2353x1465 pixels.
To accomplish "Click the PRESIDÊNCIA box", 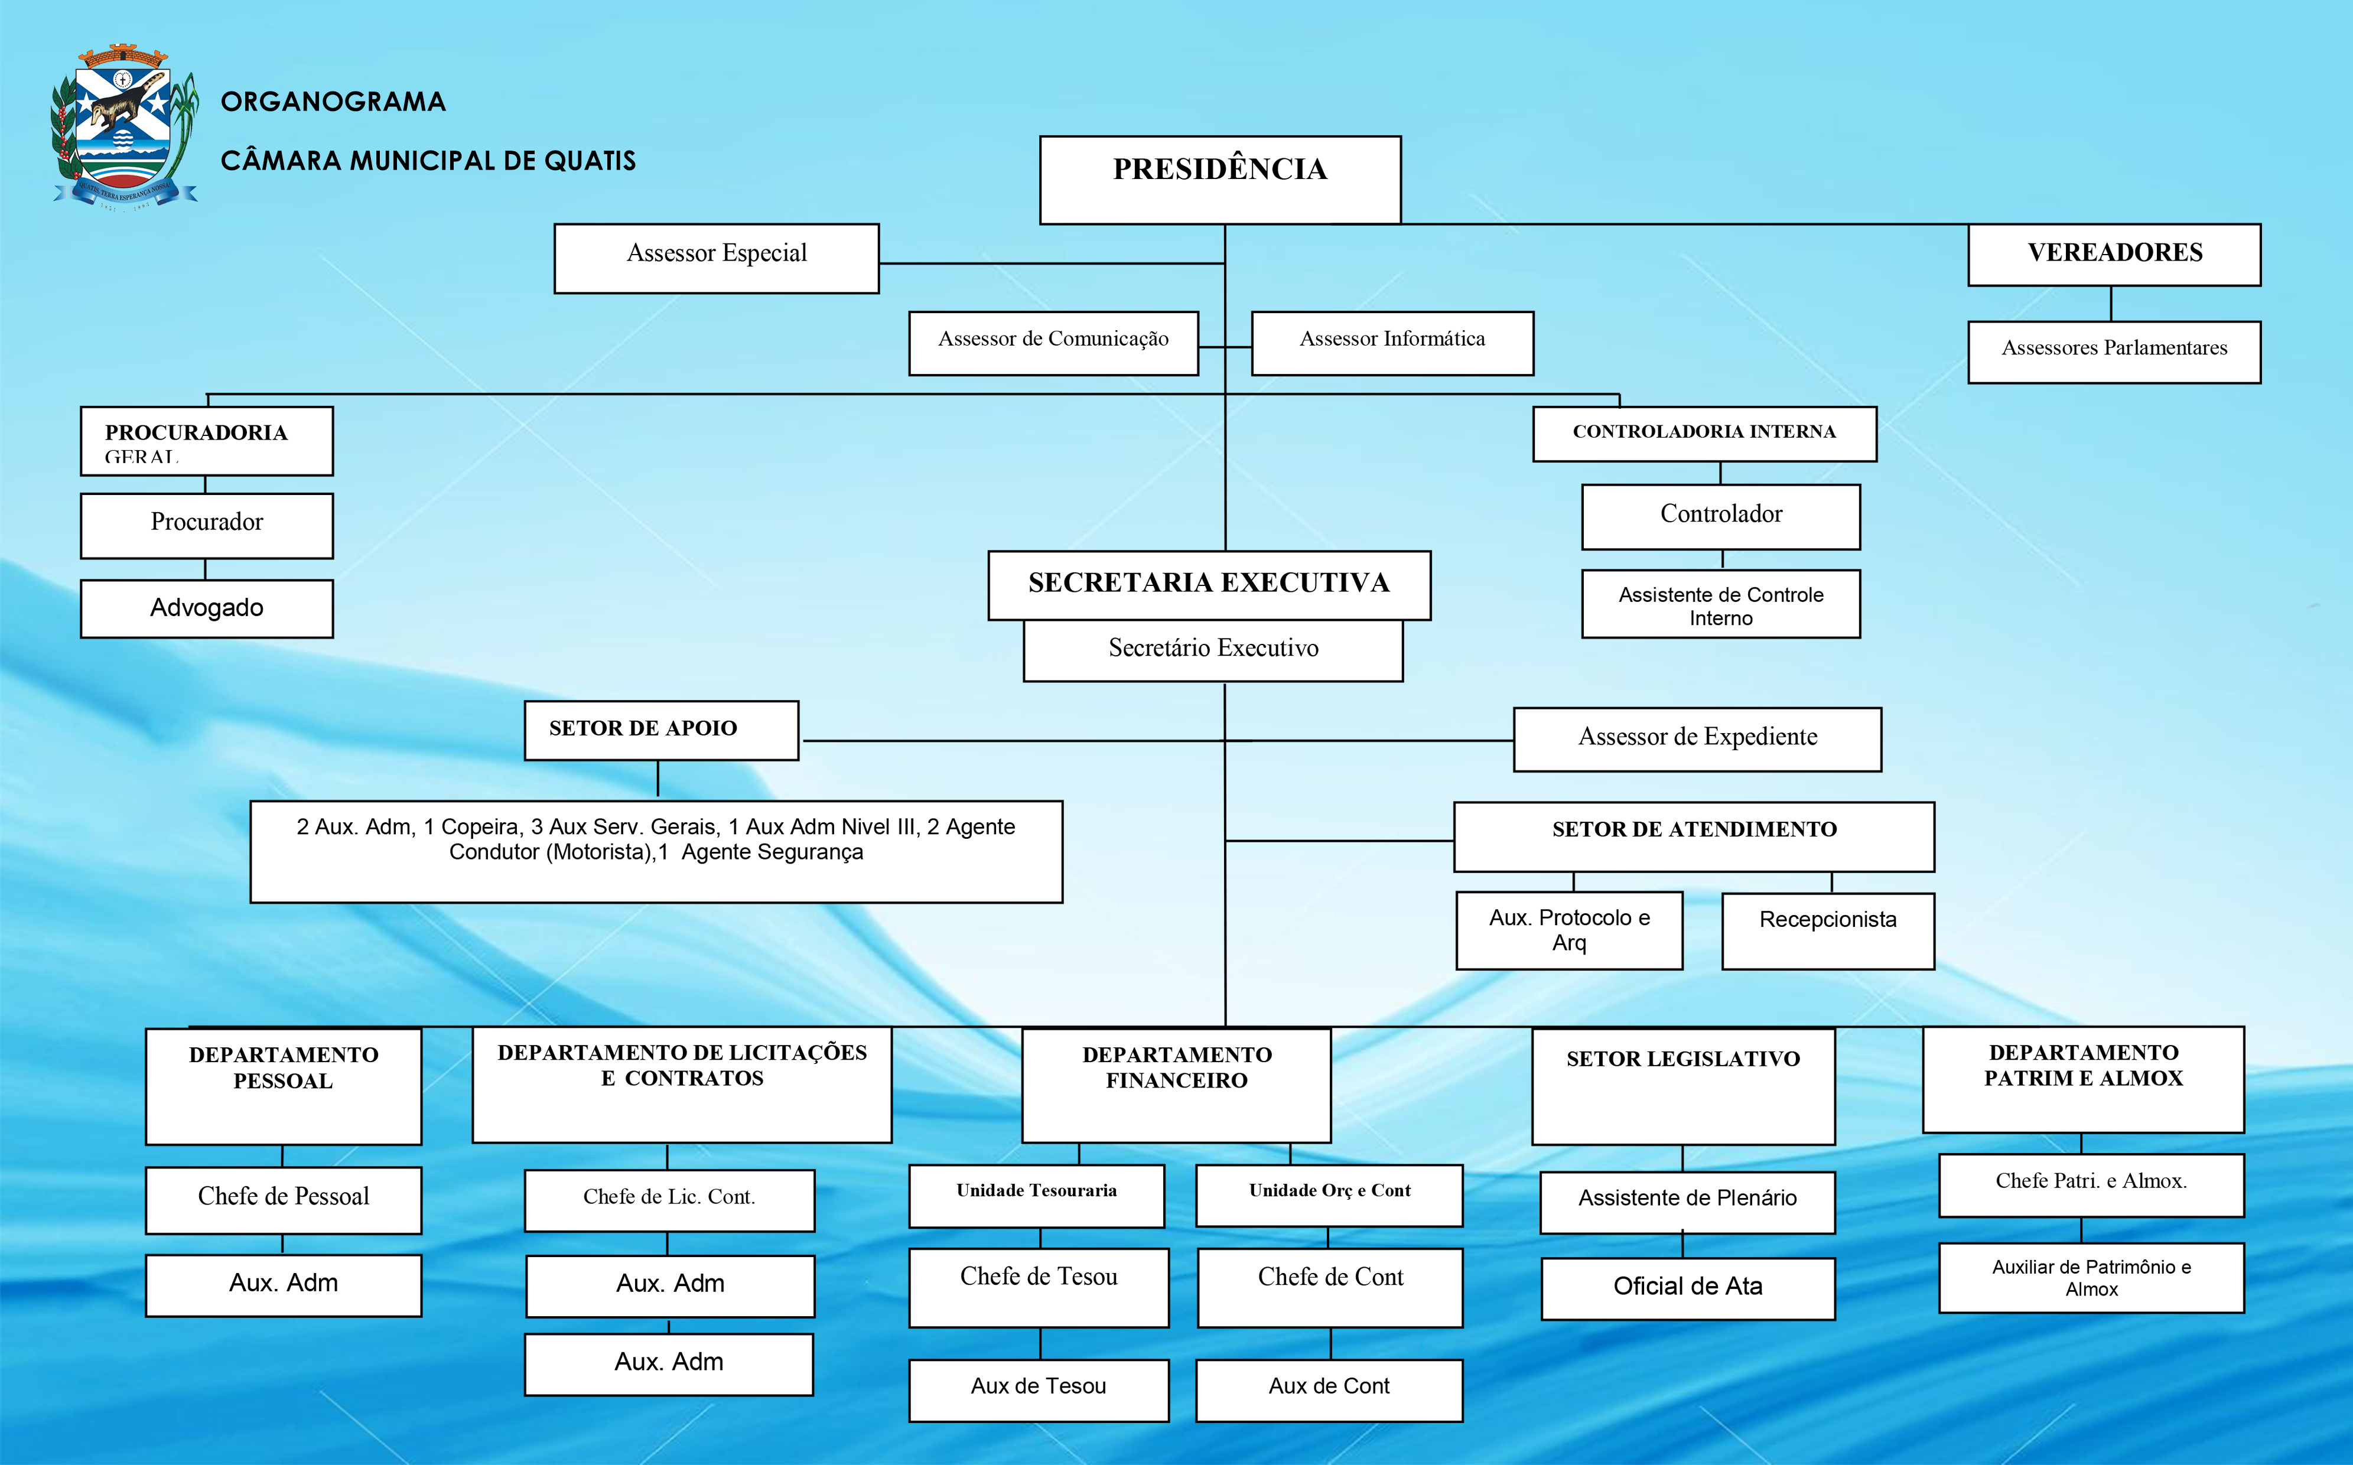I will [x=1219, y=179].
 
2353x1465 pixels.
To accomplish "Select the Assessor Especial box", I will [x=716, y=258].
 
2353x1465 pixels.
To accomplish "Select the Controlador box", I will [x=1720, y=516].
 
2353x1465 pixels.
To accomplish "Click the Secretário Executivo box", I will [x=1213, y=649].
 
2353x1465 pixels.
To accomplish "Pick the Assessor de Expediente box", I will [x=1697, y=738].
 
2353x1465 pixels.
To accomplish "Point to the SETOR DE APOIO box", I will [x=660, y=730].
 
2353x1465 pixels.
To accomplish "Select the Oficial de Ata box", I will [x=1687, y=1288].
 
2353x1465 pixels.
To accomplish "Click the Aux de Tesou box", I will [x=1039, y=1389].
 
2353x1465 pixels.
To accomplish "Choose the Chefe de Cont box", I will [x=1330, y=1286].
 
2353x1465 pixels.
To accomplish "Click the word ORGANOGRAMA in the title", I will [x=333, y=102].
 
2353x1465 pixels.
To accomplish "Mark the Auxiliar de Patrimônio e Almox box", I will [x=2091, y=1277].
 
